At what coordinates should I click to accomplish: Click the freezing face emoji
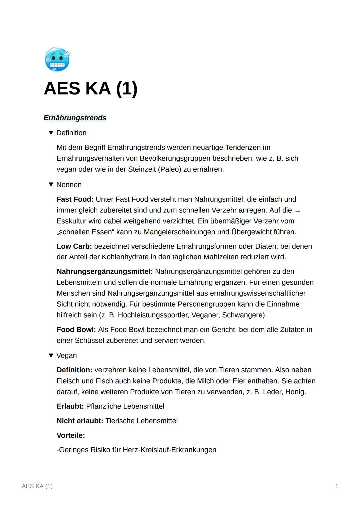(x=57, y=60)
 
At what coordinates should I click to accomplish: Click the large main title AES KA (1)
(x=90, y=89)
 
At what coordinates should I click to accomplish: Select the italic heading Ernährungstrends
(x=75, y=118)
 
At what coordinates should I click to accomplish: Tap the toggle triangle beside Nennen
(x=51, y=184)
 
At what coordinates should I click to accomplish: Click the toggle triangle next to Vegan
(x=51, y=355)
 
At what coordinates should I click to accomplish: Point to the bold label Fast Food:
(x=75, y=199)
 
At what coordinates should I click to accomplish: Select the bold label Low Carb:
(x=74, y=246)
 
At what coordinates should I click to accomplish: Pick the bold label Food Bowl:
(x=76, y=330)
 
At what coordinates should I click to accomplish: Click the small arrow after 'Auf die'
(x=298, y=211)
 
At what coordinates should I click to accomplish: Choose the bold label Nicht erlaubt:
(x=80, y=421)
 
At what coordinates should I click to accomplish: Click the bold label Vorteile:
(x=71, y=435)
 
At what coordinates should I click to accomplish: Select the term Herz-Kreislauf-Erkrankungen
(x=169, y=450)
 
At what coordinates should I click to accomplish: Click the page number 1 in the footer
(x=337, y=486)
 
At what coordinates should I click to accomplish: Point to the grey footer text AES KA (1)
(x=37, y=486)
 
